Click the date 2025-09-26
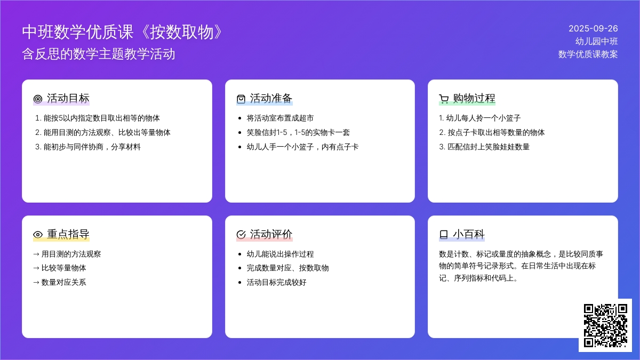pos(593,29)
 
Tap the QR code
pos(605,325)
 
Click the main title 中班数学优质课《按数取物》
pos(122,31)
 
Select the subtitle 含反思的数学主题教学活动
pos(99,54)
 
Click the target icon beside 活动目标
pos(38,99)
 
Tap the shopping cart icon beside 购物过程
pos(444,99)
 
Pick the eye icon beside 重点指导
pos(38,235)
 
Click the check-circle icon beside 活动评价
pos(241,235)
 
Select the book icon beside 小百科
pos(443,235)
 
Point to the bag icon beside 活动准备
pos(241,99)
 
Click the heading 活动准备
pos(271,98)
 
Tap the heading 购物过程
pos(474,98)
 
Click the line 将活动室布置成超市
pos(280,118)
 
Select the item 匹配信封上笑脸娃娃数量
pos(484,147)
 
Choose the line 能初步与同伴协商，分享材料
pos(87,147)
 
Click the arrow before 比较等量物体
pos(36,268)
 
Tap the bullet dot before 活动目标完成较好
pos(239,283)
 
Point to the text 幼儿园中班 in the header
pos(597,42)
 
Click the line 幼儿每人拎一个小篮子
pos(479,118)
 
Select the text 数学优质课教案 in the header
pos(588,54)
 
